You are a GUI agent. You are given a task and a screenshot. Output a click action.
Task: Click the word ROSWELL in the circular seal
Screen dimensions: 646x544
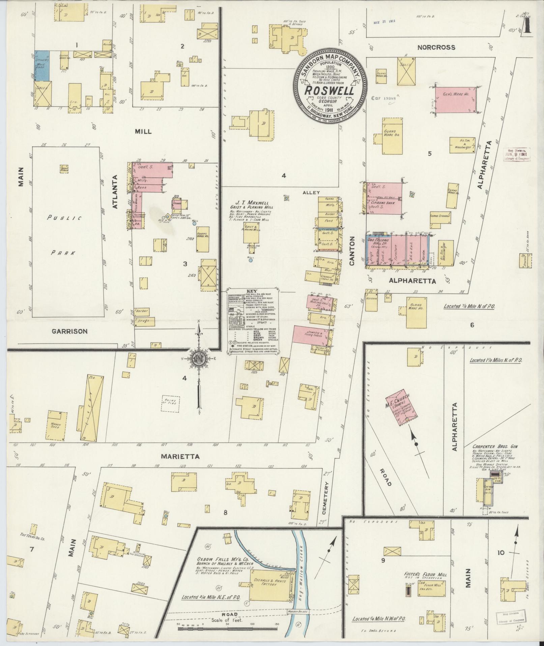point(330,91)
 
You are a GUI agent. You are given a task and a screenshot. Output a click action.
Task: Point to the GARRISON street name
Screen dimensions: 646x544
point(70,331)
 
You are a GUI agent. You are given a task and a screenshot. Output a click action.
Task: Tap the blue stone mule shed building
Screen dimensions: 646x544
point(42,66)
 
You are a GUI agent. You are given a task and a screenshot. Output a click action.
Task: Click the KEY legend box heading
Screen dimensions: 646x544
point(252,291)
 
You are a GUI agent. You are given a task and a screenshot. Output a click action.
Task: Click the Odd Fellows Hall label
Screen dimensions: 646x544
point(378,241)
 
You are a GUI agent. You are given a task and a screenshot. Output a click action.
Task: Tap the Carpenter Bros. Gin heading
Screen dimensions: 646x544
point(495,446)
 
